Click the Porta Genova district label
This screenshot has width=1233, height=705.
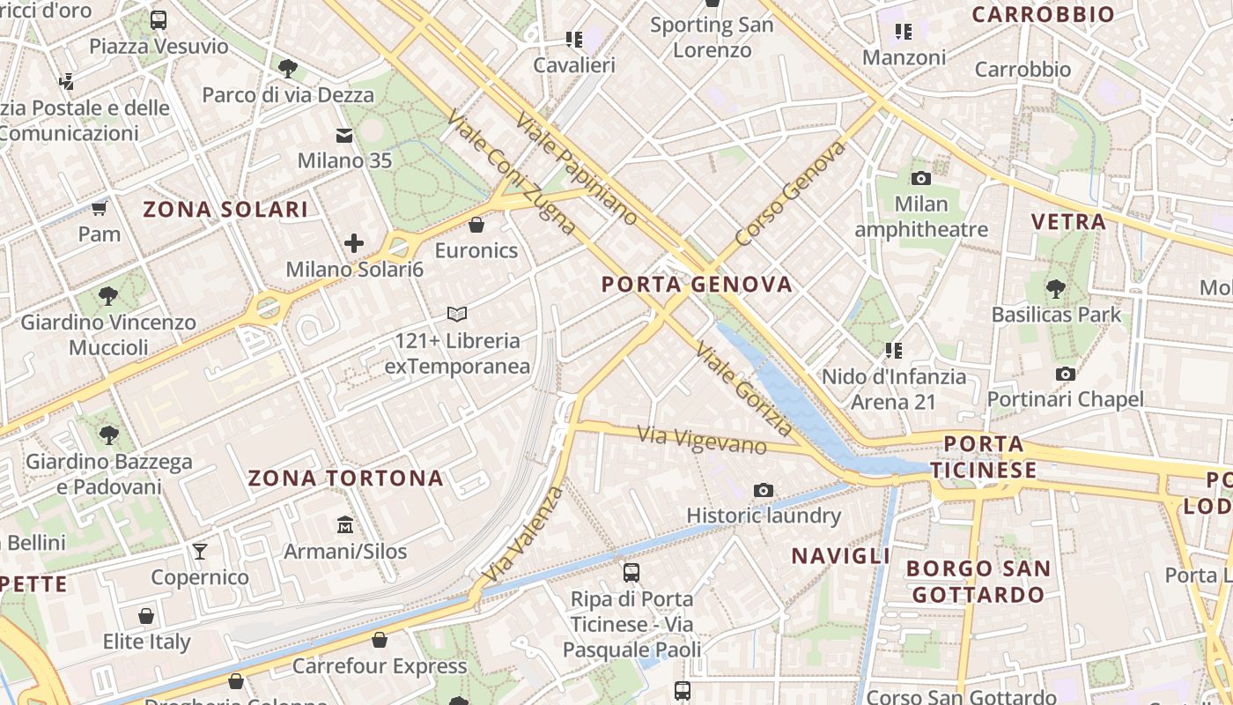coord(697,284)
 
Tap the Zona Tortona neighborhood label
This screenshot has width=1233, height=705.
coord(345,478)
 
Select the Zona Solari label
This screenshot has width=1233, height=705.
coord(225,209)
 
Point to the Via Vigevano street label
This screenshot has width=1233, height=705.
coord(701,439)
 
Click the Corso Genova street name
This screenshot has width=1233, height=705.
coord(790,193)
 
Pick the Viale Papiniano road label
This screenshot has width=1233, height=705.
coord(576,167)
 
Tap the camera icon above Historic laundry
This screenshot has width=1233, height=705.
coord(764,490)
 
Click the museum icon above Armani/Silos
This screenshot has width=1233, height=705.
coord(345,525)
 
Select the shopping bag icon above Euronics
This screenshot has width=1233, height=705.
coord(476,225)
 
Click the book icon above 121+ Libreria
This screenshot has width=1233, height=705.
coord(456,314)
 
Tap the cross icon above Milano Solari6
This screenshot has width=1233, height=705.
coord(354,243)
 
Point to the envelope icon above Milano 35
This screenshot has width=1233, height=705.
coord(343,136)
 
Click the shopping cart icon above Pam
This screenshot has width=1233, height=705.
coord(100,209)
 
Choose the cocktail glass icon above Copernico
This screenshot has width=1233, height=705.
coord(200,552)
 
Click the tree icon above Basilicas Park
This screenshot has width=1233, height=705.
coord(1056,288)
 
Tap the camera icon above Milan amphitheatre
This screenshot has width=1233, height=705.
coord(920,178)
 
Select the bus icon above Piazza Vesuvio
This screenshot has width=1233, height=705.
coord(159,20)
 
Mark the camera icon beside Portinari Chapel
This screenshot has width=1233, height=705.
coord(1065,374)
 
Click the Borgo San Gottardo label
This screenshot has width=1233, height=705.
coord(978,581)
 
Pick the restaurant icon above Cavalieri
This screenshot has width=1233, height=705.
coord(574,39)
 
